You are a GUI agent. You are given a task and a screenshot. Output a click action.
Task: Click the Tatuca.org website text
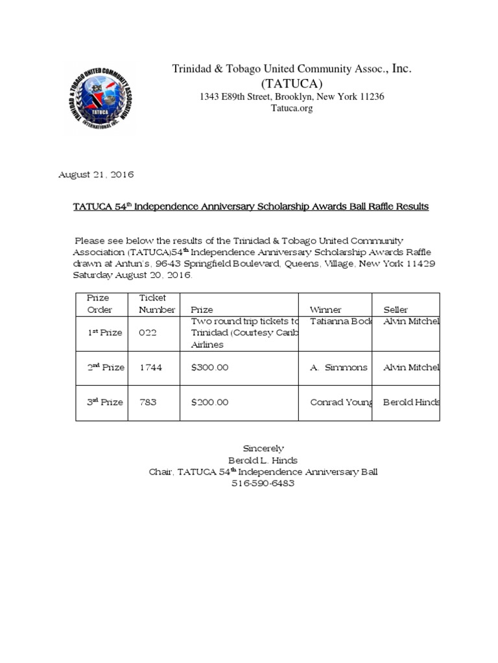coord(291,109)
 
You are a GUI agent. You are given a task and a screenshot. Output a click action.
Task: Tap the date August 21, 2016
coord(97,175)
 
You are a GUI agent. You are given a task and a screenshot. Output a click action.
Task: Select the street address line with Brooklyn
coord(291,96)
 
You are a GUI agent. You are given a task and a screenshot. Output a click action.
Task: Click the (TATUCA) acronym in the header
coord(291,84)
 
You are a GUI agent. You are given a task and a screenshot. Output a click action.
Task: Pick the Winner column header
coord(326,310)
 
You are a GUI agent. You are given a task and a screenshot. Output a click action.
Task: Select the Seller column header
coord(396,310)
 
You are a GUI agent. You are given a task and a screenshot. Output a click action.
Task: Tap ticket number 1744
coord(151,367)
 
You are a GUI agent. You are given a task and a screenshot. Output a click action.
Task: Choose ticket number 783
coord(148,402)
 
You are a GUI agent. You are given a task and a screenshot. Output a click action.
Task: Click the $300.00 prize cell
coord(209,367)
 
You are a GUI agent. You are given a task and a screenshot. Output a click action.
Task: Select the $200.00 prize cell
coord(209,402)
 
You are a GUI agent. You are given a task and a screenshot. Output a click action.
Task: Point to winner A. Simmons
coord(338,367)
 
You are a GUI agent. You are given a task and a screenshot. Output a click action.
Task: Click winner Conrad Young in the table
coord(340,402)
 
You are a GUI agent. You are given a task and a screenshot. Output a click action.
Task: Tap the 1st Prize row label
coord(105,333)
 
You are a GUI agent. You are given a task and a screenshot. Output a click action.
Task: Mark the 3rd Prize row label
coord(105,402)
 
